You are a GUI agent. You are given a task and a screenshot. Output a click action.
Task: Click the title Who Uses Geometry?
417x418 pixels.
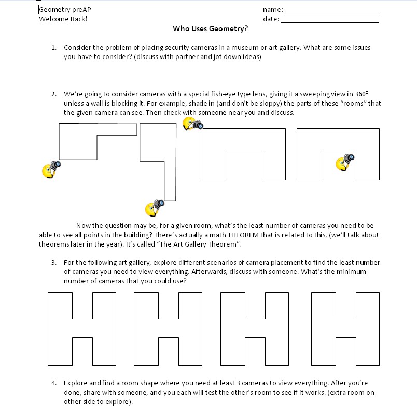click(210, 28)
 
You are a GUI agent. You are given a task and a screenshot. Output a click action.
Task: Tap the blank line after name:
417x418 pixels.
click(332, 11)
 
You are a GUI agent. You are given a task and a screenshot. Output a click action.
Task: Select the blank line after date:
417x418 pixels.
click(330, 20)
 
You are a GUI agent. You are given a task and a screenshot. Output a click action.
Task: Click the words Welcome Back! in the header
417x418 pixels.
click(63, 19)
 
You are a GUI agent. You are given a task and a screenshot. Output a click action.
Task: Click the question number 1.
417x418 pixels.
click(53, 48)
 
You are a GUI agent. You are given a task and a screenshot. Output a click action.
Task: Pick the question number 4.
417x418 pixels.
click(53, 383)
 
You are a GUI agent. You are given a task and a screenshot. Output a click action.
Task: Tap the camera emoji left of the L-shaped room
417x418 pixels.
click(51, 169)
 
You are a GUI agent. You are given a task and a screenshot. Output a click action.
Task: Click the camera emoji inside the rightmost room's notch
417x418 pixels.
click(345, 162)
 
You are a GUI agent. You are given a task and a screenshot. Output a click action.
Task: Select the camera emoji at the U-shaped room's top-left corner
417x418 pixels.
click(192, 124)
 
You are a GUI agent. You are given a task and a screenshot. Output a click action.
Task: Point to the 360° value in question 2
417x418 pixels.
click(361, 94)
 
